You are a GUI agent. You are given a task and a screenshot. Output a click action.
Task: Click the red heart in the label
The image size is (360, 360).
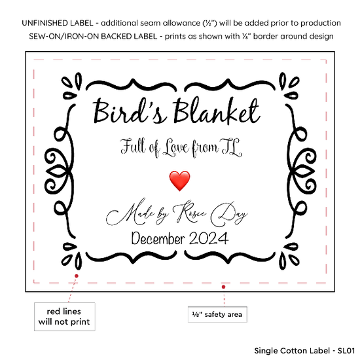click(179, 181)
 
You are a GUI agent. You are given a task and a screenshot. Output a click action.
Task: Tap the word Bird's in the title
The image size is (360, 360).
click(130, 111)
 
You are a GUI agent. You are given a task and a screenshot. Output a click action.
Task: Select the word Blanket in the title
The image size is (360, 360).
click(217, 111)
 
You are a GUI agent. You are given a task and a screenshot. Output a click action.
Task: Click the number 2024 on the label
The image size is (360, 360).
click(209, 238)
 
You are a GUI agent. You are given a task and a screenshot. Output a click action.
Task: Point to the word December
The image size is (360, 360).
click(158, 238)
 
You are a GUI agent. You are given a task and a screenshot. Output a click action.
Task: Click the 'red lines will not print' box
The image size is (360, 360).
click(65, 317)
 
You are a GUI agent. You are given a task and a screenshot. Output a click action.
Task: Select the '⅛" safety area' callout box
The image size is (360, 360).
click(217, 314)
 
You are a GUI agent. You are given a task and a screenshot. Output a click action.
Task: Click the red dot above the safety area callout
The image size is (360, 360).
click(223, 287)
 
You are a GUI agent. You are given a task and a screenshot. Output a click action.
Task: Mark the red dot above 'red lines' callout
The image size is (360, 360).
click(77, 276)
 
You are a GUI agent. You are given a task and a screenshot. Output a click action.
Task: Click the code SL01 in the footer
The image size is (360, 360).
click(346, 351)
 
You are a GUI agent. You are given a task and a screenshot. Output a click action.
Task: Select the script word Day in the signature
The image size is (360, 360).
click(229, 213)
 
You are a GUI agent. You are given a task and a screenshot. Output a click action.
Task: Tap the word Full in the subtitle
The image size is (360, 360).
click(133, 147)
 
